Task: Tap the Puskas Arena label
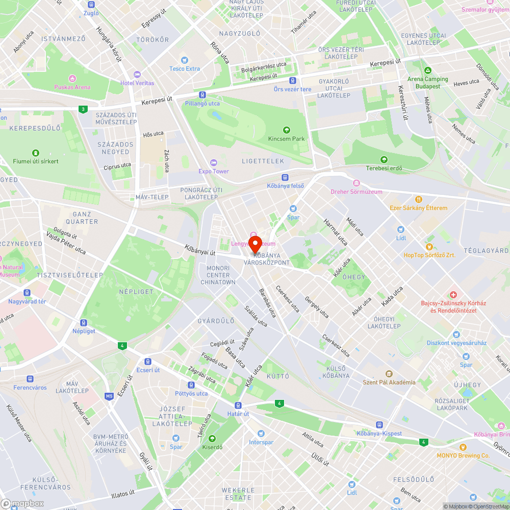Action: click(x=72, y=87)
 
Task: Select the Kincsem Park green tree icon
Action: click(x=286, y=130)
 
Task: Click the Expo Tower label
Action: click(x=214, y=171)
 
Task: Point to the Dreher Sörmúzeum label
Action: click(x=356, y=191)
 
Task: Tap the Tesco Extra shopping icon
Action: click(x=185, y=60)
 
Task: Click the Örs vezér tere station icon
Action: click(x=292, y=81)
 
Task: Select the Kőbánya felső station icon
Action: click(x=285, y=177)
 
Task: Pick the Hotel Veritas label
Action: click(x=137, y=83)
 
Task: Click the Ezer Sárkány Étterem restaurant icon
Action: click(x=418, y=199)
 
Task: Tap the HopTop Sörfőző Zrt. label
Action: click(x=429, y=255)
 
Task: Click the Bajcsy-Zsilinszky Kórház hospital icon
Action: click(x=453, y=295)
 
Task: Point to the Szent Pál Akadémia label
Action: click(x=389, y=382)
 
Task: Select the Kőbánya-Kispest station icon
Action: click(x=379, y=425)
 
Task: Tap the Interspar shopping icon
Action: click(x=261, y=433)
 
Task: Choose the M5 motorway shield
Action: click(x=109, y=396)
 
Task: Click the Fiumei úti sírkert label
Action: click(x=36, y=161)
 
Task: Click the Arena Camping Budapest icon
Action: click(x=427, y=70)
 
